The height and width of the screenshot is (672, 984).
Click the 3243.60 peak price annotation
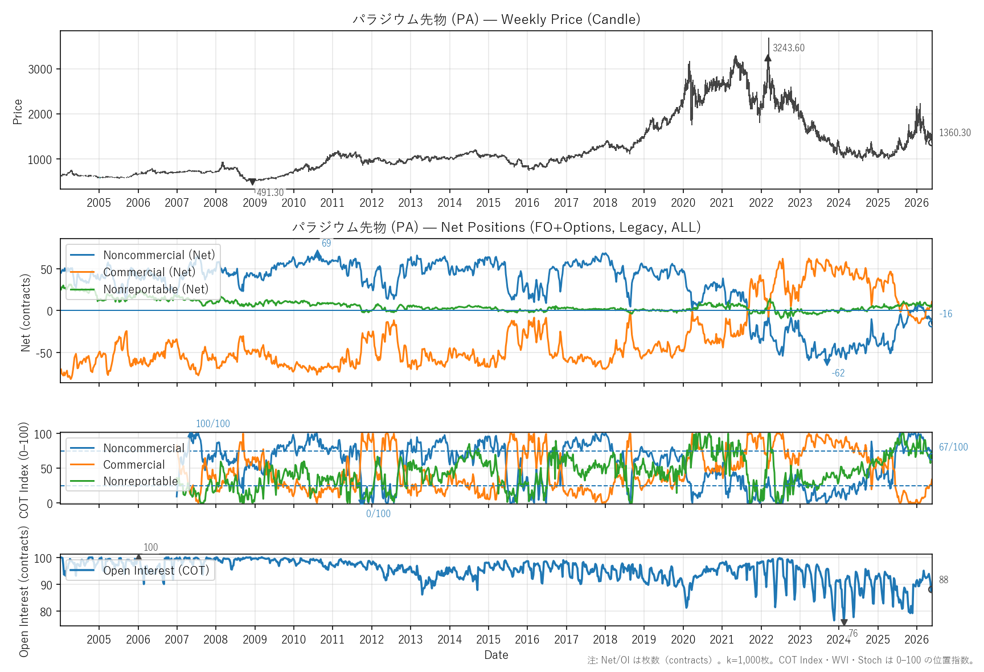(789, 48)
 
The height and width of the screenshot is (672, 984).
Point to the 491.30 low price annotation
(270, 192)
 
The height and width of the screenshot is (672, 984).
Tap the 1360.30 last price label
(955, 133)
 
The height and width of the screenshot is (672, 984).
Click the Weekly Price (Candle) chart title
(497, 19)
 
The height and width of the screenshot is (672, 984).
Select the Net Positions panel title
(497, 227)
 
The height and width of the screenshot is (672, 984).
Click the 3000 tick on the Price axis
(40, 69)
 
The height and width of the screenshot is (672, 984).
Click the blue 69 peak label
(326, 243)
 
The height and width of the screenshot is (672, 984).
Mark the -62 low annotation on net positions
(838, 373)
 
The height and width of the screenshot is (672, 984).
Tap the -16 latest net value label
(946, 314)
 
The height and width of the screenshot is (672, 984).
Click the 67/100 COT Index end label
(953, 447)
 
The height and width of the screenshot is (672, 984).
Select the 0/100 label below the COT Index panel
(378, 514)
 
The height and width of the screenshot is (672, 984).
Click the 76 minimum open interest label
(853, 633)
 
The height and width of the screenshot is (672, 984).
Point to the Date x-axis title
(496, 655)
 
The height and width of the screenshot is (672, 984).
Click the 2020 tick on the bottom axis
(683, 640)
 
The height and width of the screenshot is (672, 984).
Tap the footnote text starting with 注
(781, 660)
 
